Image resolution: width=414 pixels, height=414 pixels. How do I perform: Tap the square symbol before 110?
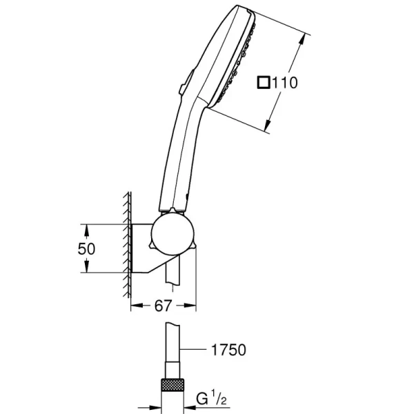[x=263, y=83]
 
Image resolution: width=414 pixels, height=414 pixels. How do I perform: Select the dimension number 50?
[x=86, y=248]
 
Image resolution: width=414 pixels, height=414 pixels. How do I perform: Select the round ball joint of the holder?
[x=171, y=234]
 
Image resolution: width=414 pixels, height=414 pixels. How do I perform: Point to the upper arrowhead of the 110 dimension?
[x=302, y=39]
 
